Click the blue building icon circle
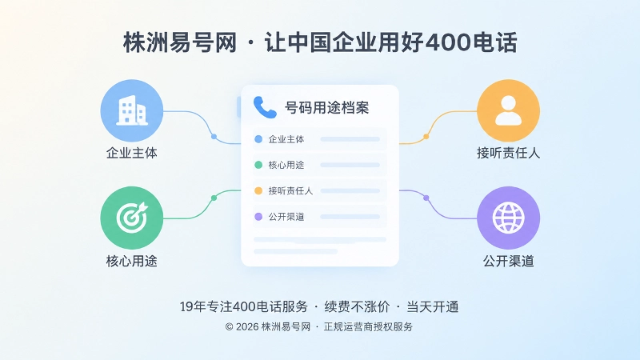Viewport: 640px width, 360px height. point(131,110)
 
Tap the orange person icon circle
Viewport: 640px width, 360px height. point(508,110)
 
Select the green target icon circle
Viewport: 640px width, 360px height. point(131,218)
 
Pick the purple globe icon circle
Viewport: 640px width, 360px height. point(508,218)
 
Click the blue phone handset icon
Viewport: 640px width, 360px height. point(265,107)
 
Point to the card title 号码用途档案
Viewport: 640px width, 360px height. point(326,108)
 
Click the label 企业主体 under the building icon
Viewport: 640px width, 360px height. point(131,153)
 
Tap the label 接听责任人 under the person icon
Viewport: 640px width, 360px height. point(508,153)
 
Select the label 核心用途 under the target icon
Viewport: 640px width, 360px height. point(131,261)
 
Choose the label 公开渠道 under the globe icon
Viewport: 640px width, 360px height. point(508,261)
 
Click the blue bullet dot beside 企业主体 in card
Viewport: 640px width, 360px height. point(258,139)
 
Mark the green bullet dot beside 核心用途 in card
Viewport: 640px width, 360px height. point(258,165)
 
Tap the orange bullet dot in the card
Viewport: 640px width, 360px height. point(258,190)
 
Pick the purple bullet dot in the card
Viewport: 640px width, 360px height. point(258,217)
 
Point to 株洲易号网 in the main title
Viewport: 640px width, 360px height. point(180,42)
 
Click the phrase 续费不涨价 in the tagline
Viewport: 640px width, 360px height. point(357,306)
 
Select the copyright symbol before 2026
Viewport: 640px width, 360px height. point(229,326)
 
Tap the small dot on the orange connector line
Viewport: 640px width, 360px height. point(426,136)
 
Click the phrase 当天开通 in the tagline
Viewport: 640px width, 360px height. point(433,306)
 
